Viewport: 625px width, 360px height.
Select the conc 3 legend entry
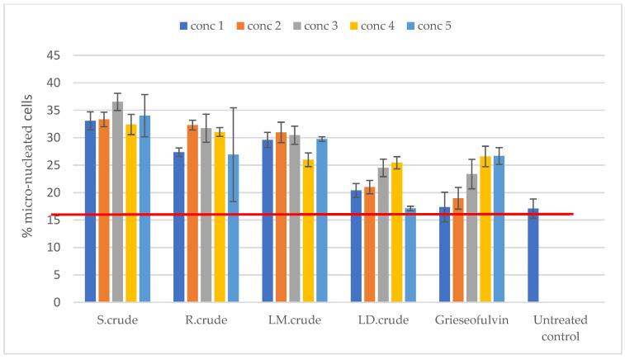pos(325,26)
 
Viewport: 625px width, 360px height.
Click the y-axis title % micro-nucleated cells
pos(28,179)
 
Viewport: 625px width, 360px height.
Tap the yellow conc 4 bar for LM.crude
pos(308,231)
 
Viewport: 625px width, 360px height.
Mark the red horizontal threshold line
pos(330,215)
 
